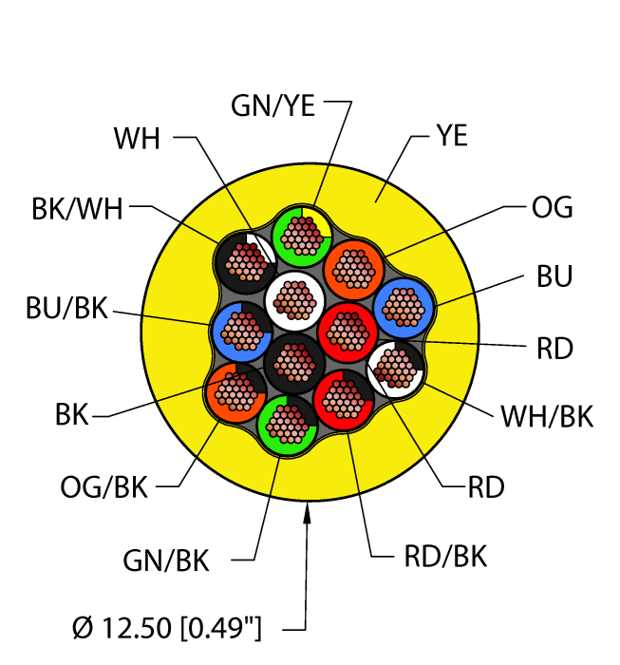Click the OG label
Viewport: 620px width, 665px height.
tap(551, 208)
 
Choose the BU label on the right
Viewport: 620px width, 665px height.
tap(554, 278)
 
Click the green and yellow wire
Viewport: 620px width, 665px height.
tap(300, 232)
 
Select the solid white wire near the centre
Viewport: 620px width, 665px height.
tap(292, 299)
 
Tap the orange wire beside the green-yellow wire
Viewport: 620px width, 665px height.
tap(353, 267)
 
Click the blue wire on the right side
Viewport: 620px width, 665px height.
tap(404, 306)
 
